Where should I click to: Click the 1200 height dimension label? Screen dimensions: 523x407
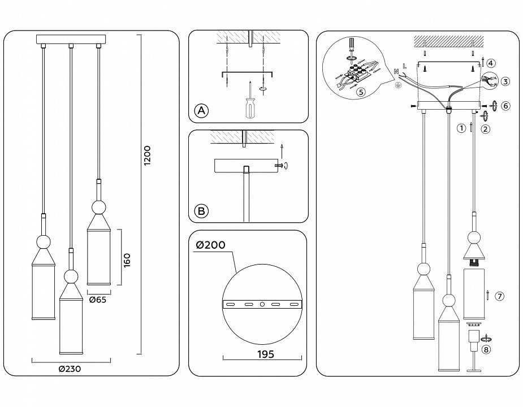click(x=147, y=155)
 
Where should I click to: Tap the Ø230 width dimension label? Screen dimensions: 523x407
click(x=70, y=369)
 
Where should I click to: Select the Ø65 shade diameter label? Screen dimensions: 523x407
click(x=98, y=300)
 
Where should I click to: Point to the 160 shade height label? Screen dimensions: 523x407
click(x=127, y=260)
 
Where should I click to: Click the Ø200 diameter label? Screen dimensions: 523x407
click(x=210, y=245)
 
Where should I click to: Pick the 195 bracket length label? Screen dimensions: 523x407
click(x=266, y=354)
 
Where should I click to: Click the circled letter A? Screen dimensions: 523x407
click(x=201, y=110)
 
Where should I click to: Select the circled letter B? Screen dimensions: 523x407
click(x=201, y=211)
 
